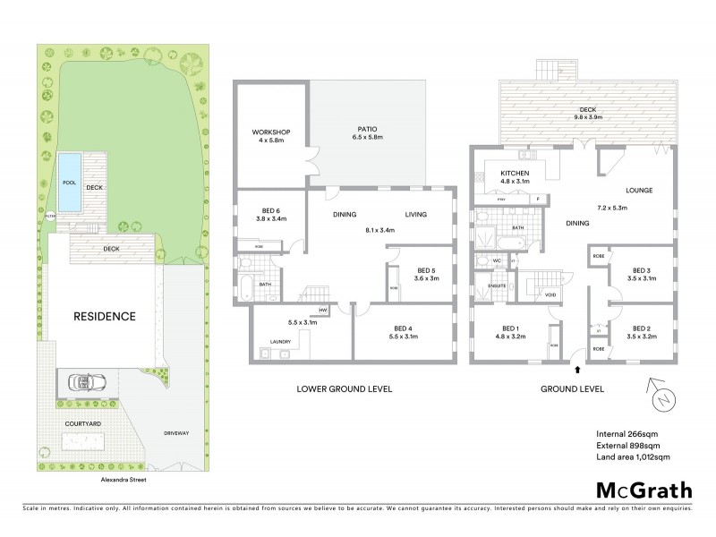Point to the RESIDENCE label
pyautogui.click(x=105, y=316)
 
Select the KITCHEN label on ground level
pyautogui.click(x=516, y=173)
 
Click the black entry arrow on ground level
pyautogui.click(x=577, y=367)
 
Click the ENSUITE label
pyautogui.click(x=497, y=286)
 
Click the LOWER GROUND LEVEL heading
pyautogui.click(x=345, y=389)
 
